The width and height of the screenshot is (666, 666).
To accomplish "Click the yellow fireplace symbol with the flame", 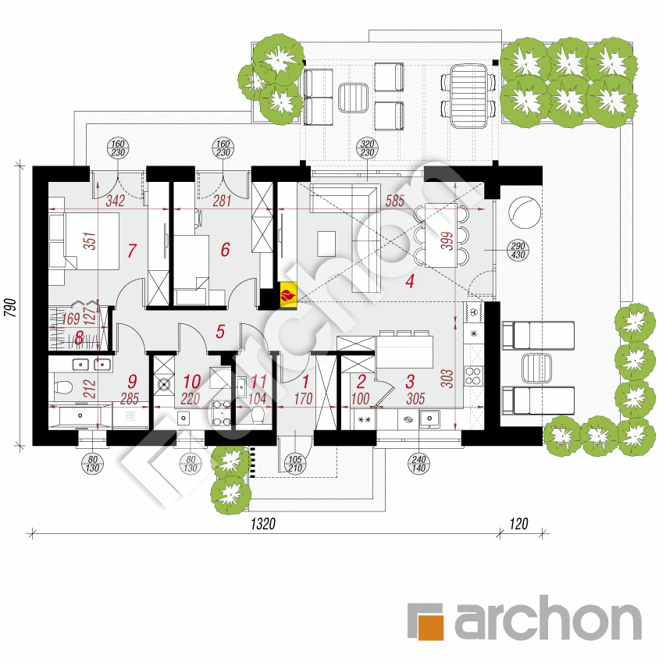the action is coord(288,294).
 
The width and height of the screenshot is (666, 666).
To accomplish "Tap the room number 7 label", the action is coord(132,251).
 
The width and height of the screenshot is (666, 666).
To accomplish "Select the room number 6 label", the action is coord(225,250).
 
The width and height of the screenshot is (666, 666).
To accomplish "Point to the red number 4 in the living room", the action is coord(409,281).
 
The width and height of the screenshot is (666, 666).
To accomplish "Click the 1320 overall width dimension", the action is coord(263,524).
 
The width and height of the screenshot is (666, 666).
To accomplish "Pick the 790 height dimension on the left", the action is coord(11,307).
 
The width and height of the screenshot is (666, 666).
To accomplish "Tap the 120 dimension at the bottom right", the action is coord(518,524).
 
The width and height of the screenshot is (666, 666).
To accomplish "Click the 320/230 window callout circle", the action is coord(367,148).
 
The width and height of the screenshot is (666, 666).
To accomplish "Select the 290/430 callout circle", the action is coord(518,250).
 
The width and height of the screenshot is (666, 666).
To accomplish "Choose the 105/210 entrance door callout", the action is coord(295,464).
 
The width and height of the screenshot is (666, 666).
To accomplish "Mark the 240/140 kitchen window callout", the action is coord(418,464).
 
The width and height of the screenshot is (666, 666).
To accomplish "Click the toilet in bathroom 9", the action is coord(63,387).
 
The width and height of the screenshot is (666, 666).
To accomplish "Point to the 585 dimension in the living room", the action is coord(394,201).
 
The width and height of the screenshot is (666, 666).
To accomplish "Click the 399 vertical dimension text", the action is coord(447,240).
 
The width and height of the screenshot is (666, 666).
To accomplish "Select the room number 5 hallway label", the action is coord(220,332).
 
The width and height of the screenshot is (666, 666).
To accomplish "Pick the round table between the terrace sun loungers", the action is coord(536,368).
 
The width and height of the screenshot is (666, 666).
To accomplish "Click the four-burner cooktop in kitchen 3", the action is coord(473,376).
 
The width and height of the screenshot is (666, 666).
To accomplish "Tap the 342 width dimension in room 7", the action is coord(115,201).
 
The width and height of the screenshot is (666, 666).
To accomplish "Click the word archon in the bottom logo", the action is coord(548,618).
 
